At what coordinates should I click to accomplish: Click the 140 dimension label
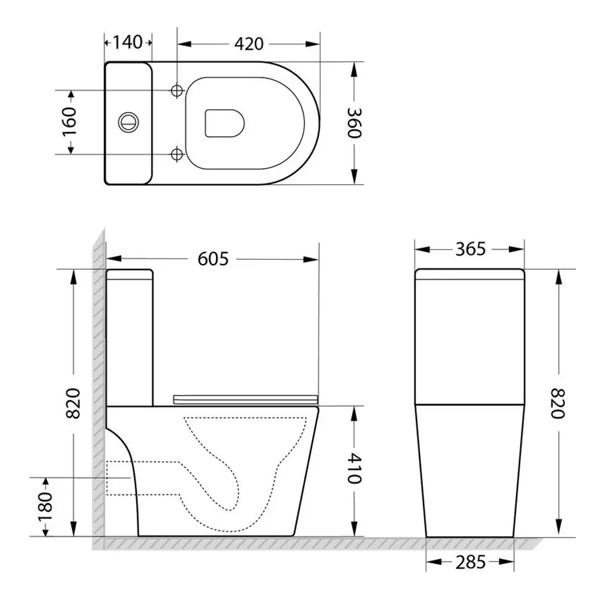[x=128, y=42]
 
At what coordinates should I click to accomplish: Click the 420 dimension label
[x=249, y=44]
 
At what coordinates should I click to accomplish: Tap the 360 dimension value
[x=355, y=123]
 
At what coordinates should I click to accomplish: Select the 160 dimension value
[x=70, y=122]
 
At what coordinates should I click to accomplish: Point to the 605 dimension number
[x=213, y=259]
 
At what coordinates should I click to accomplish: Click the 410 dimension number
[x=355, y=469]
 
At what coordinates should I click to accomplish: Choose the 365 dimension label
[x=470, y=250]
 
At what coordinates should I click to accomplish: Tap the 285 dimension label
[x=470, y=562]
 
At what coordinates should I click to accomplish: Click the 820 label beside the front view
[x=557, y=403]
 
